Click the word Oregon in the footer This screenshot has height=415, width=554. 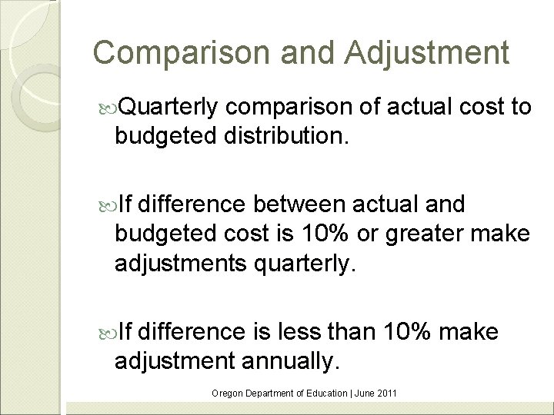coord(226,393)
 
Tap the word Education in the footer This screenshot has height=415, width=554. coord(323,393)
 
